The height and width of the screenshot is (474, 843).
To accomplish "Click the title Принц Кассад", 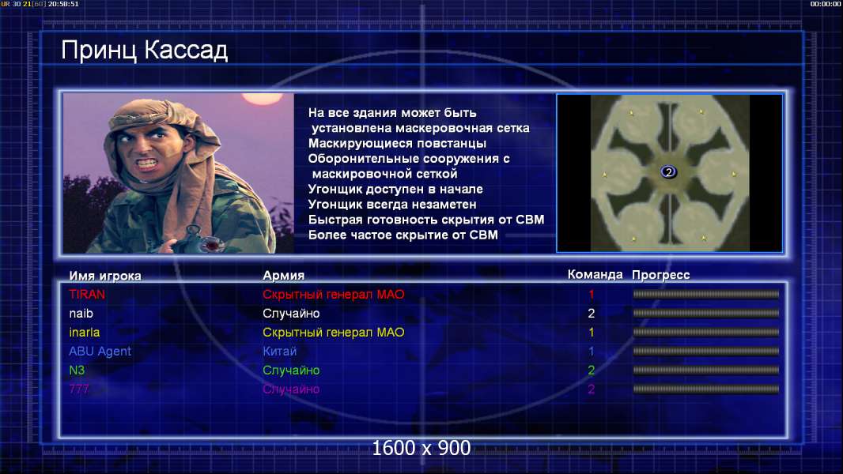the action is pyautogui.click(x=144, y=51).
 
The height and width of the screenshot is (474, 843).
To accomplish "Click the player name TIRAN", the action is pyautogui.click(x=87, y=294).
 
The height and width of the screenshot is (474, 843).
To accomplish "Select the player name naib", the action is pyautogui.click(x=81, y=313).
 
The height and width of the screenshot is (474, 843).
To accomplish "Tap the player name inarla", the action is pyautogui.click(x=85, y=333).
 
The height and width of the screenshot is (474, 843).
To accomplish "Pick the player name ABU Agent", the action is pyautogui.click(x=100, y=352).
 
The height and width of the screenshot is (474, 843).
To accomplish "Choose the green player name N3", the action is pyautogui.click(x=77, y=370).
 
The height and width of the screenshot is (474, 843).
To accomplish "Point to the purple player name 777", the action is pyautogui.click(x=79, y=389).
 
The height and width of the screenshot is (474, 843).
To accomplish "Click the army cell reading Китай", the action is pyautogui.click(x=280, y=351).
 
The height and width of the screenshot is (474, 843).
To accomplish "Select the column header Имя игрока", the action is pyautogui.click(x=105, y=276).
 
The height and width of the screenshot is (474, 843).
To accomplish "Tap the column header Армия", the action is pyautogui.click(x=283, y=276).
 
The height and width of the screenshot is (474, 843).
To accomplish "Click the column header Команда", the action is pyautogui.click(x=595, y=274).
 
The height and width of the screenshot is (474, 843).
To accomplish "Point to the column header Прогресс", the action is pyautogui.click(x=661, y=275).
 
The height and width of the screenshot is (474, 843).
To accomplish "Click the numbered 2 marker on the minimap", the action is pyautogui.click(x=668, y=171).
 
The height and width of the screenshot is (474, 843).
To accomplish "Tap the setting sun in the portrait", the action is pyautogui.click(x=263, y=99).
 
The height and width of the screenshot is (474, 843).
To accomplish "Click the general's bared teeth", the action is pyautogui.click(x=147, y=162).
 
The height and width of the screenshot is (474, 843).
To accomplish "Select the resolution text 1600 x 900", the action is pyautogui.click(x=421, y=448).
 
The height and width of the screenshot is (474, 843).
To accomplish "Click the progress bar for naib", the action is pyautogui.click(x=706, y=313).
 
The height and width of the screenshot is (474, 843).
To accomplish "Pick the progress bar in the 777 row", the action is pyautogui.click(x=706, y=389).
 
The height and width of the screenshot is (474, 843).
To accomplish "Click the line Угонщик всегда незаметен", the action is pyautogui.click(x=392, y=205).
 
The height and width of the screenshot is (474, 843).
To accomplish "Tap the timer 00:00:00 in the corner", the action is pyautogui.click(x=826, y=4).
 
